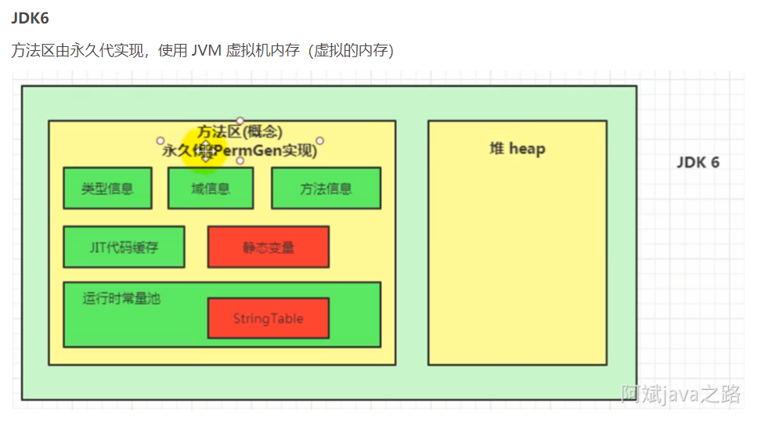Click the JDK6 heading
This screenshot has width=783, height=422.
tap(30, 19)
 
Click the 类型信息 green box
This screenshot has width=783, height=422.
tap(107, 189)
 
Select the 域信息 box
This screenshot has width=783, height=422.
tap(211, 189)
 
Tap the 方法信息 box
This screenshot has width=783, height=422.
tap(326, 189)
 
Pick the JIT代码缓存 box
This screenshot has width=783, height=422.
tap(124, 247)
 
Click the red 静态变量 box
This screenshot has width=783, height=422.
tap(268, 247)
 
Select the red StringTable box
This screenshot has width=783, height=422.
tap(268, 319)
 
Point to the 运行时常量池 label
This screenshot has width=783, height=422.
tap(121, 298)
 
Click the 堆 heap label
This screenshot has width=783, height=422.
tap(517, 149)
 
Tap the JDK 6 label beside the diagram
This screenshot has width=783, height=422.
tap(698, 163)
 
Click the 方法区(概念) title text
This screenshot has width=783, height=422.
tap(240, 132)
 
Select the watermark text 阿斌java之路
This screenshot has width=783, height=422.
tap(680, 394)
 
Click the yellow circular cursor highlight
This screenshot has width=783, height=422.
tap(205, 147)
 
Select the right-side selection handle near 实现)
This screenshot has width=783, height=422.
tap(319, 141)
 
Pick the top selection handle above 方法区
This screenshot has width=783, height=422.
tap(240, 121)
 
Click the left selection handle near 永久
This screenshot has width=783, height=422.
tap(160, 141)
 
